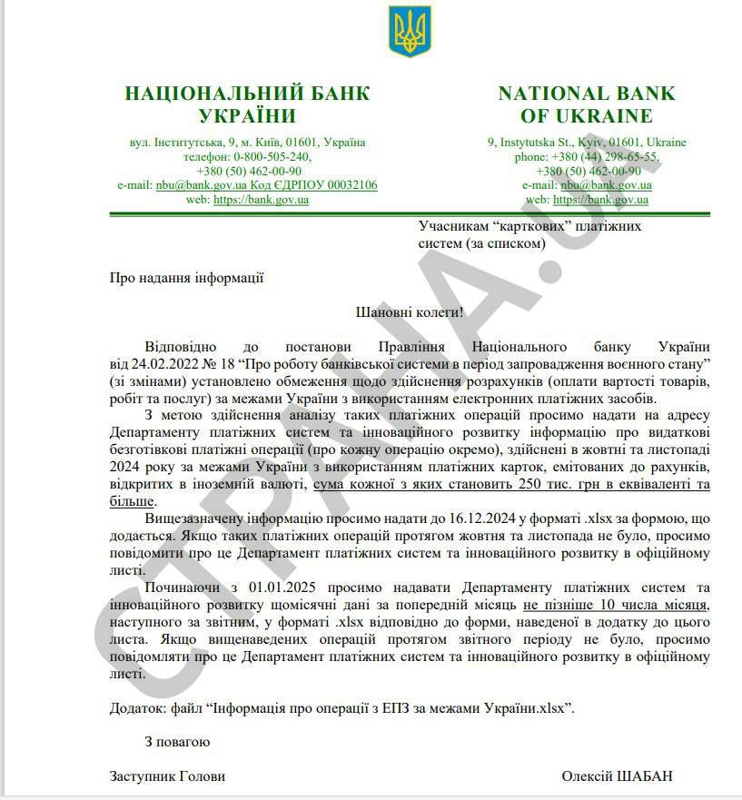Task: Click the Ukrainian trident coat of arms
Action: click(411, 30)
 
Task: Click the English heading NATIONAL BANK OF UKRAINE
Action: click(586, 104)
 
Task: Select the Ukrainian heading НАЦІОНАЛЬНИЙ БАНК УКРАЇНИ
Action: click(247, 104)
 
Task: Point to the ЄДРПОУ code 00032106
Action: click(345, 185)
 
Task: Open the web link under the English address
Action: click(600, 200)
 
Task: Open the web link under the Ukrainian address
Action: click(261, 200)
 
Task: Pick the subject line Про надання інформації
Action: click(186, 278)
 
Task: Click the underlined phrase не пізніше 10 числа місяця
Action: click(615, 604)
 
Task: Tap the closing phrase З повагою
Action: click(177, 742)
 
